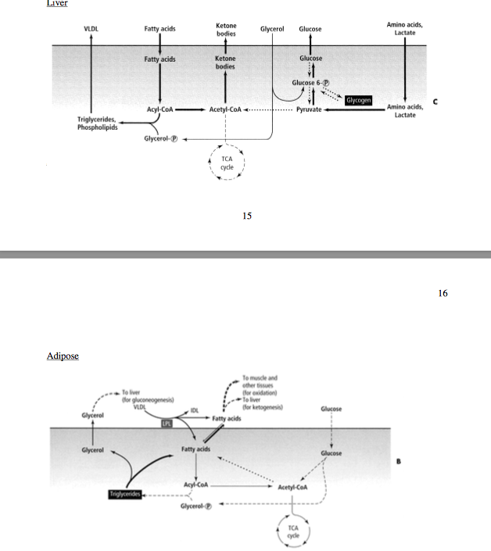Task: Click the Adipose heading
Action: pos(63,356)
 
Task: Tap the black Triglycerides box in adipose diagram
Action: pos(126,494)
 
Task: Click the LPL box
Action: pos(167,423)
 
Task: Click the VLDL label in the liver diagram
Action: pos(91,29)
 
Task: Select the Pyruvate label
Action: pos(310,110)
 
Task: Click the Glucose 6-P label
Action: pos(310,83)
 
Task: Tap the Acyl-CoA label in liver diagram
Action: pos(159,110)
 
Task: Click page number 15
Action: pos(246,216)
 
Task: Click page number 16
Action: pos(443,294)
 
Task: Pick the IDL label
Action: pos(195,410)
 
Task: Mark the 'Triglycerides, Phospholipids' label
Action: pos(97,123)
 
